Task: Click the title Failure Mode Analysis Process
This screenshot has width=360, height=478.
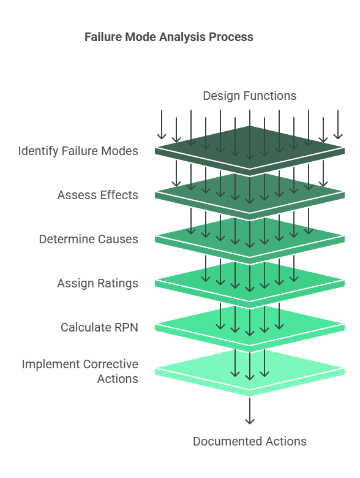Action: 169,37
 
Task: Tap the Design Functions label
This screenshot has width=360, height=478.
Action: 250,96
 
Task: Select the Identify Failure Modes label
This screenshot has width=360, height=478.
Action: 78,151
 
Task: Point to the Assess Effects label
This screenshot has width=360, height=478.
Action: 98,195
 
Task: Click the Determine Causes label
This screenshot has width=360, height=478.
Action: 89,239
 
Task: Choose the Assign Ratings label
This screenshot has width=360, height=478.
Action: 98,284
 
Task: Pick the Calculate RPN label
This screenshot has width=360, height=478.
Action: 99,327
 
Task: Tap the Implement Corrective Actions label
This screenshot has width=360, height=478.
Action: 80,371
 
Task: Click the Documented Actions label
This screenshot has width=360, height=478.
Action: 250,441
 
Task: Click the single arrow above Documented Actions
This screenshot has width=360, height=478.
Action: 250,411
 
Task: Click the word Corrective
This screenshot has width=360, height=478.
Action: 111,364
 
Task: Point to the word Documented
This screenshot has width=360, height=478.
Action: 228,441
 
